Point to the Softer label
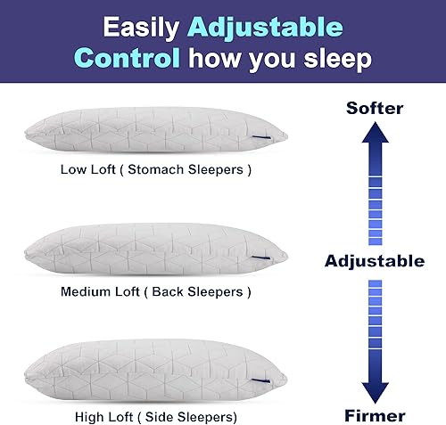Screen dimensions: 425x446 [x=374, y=109]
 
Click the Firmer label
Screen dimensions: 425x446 [x=374, y=415]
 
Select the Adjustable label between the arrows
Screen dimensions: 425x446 [x=374, y=261]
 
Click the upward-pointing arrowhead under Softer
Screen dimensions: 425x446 [x=374, y=136]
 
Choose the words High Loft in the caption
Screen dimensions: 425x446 [x=97, y=416]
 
